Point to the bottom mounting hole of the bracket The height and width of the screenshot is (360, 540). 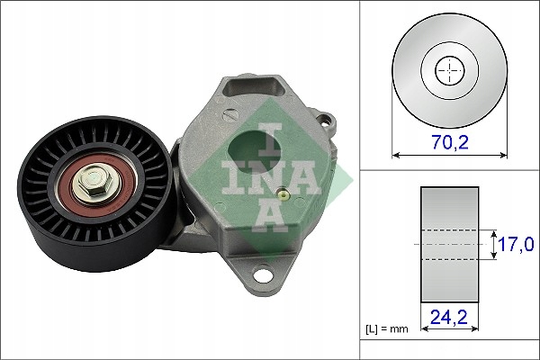(x=265, y=274)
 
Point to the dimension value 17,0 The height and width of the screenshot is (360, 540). (x=516, y=243)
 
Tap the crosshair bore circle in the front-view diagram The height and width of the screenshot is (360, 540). (x=447, y=70)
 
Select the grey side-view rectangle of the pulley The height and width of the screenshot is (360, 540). (x=447, y=244)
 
